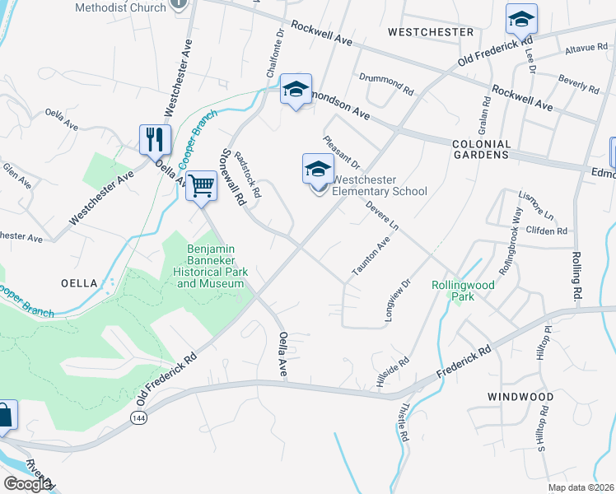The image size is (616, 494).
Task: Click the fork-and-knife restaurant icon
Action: pyautogui.click(x=154, y=139)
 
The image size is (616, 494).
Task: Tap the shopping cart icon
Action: pyautogui.click(x=201, y=185)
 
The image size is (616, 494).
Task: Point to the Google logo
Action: pyautogui.click(x=27, y=483)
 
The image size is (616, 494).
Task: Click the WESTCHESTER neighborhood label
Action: pyautogui.click(x=430, y=32)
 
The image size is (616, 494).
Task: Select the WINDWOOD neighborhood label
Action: pyautogui.click(x=520, y=397)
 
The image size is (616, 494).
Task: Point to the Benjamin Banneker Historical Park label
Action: pyautogui.click(x=211, y=260)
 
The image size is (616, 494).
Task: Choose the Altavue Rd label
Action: pyautogui.click(x=586, y=49)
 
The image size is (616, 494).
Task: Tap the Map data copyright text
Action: pyautogui.click(x=581, y=487)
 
